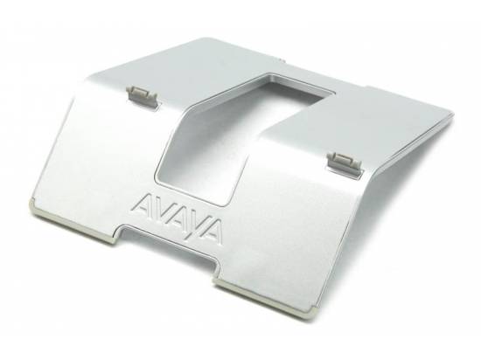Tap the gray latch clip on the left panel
click(x=142, y=95)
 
